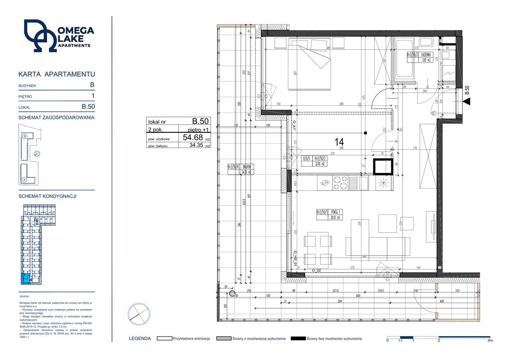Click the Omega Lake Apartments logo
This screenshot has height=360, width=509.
[58, 35]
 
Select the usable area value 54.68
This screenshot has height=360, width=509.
[192, 138]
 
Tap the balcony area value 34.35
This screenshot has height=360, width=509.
[196, 146]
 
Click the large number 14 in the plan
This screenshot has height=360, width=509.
[339, 142]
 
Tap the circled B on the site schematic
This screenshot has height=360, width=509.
[25, 136]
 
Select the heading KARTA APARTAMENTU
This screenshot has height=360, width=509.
[57, 74]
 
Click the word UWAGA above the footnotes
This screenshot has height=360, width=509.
[24, 297]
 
